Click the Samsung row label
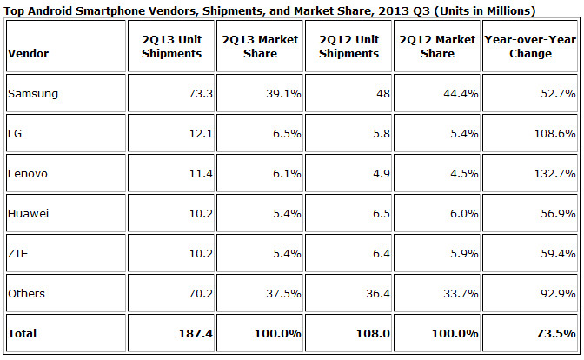pyautogui.click(x=28, y=92)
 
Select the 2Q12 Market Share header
pyautogui.click(x=438, y=47)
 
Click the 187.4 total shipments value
pyautogui.click(x=184, y=334)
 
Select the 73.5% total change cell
pyautogui.click(x=555, y=334)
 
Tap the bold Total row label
pyautogui.click(x=23, y=334)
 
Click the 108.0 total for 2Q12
pyautogui.click(x=365, y=334)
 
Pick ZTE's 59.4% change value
pyautogui.click(x=557, y=255)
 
